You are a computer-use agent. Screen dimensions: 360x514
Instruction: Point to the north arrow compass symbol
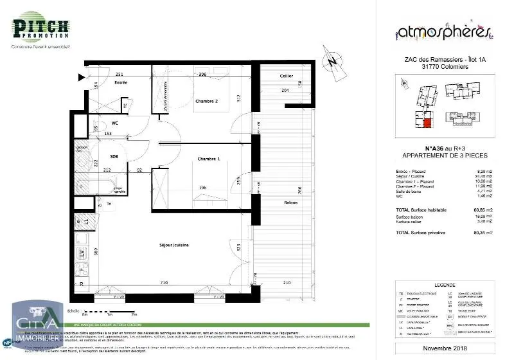point(332,63)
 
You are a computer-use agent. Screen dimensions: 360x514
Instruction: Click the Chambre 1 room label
point(209,159)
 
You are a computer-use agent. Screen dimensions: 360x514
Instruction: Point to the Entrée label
point(121,83)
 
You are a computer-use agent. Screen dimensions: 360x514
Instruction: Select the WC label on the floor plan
point(115,122)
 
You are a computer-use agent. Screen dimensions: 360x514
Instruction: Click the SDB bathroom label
point(114,156)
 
